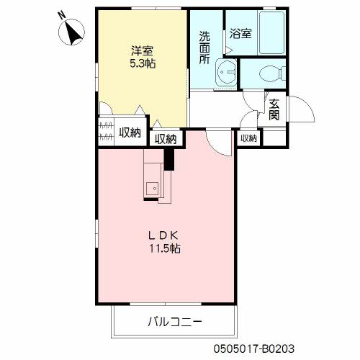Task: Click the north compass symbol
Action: (71, 32)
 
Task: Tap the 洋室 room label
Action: (142, 50)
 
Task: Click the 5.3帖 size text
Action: (143, 63)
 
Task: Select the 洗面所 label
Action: (204, 48)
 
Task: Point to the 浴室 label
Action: (240, 34)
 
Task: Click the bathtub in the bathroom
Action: (272, 33)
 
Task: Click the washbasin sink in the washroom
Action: (226, 72)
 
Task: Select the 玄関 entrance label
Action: (274, 109)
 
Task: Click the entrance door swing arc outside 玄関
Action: (307, 105)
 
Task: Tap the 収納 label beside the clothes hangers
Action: (130, 132)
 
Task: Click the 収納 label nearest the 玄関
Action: (249, 138)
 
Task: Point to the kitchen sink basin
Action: (152, 189)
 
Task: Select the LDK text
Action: (163, 235)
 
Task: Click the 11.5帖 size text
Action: (165, 248)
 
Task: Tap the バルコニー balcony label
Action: (175, 322)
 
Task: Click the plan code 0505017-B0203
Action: (254, 348)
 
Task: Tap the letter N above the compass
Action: (62, 15)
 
